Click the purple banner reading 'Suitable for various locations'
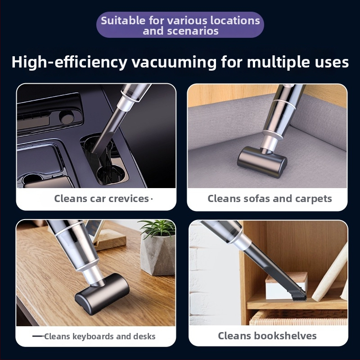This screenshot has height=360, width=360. [x=180, y=25]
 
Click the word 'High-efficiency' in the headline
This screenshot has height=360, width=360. [x=69, y=62]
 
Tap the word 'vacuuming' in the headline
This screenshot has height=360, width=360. [x=174, y=62]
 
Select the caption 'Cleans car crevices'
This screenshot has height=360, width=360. [x=102, y=198]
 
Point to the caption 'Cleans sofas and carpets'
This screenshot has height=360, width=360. [x=270, y=198]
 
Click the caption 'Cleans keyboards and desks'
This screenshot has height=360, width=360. [x=99, y=336]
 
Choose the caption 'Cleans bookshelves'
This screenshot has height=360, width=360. [x=267, y=336]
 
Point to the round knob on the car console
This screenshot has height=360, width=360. [x=67, y=118]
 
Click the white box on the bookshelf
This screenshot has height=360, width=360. [x=286, y=285]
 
